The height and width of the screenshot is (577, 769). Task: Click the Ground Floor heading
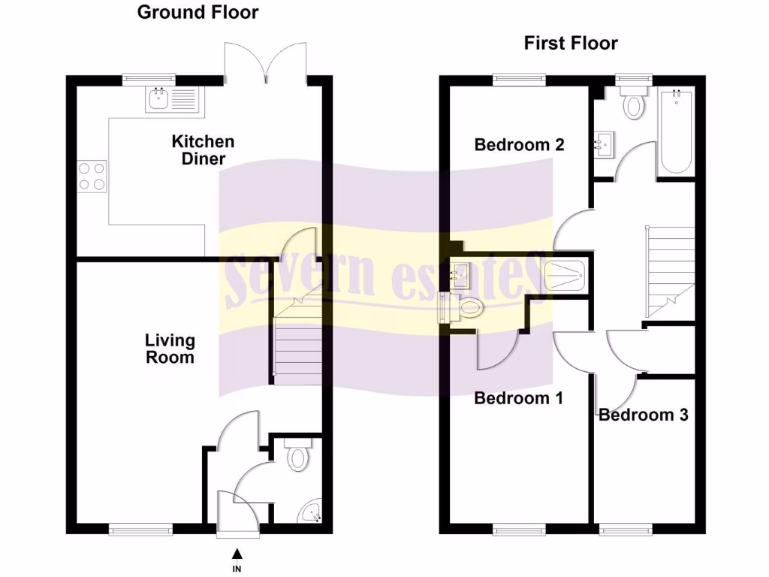(x=198, y=12)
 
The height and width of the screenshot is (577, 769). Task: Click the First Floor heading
(x=571, y=43)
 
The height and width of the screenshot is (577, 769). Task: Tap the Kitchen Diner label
(x=203, y=150)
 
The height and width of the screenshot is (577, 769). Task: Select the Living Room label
(x=170, y=349)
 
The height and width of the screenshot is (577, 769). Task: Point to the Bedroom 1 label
(x=518, y=398)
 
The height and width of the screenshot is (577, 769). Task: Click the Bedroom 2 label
(x=519, y=145)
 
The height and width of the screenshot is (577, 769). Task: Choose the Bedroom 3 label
(x=643, y=415)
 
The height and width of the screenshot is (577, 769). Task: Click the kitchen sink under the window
(x=171, y=99)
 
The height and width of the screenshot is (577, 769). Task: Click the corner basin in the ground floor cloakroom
(x=311, y=514)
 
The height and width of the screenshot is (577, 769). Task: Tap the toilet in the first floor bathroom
(x=634, y=102)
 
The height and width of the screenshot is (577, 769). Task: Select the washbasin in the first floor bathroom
(x=602, y=145)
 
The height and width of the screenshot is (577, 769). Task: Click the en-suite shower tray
(x=566, y=276)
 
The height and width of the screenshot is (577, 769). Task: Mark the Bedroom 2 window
(x=519, y=78)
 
